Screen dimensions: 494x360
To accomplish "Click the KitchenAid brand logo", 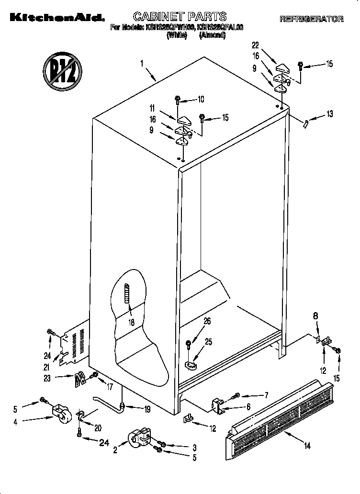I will pos(54,19).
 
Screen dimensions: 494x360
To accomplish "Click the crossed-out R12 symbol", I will pos(61,71).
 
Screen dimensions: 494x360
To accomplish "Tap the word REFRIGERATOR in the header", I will pos(312,19).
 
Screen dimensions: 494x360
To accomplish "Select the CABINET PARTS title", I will pos(180,17).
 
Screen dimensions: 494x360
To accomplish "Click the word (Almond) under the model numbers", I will pos(212,35).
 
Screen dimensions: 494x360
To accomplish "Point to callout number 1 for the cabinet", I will pos(142,62).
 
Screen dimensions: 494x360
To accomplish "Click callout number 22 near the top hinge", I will pos(256,45).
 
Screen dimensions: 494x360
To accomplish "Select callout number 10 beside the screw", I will pos(201,100).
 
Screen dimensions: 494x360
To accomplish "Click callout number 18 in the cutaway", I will pos(131,322).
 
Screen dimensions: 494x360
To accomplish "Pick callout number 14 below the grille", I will pos(307,446).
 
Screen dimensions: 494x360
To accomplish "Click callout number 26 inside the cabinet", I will pos(207,322).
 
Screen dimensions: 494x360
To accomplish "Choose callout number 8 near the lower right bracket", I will pos(315,316).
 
